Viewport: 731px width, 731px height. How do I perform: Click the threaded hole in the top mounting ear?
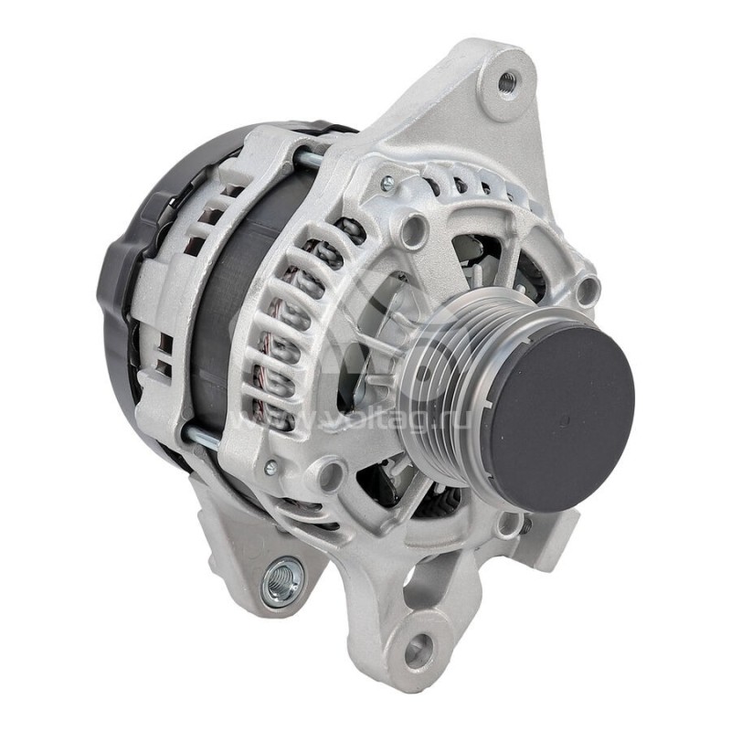click(x=506, y=82)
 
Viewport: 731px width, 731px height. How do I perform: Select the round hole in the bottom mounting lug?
click(x=418, y=650)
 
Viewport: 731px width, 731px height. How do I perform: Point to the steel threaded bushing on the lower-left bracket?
click(x=281, y=579)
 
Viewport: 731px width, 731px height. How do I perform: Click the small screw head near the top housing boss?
click(x=387, y=184)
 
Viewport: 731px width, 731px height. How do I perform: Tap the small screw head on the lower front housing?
click(x=270, y=467)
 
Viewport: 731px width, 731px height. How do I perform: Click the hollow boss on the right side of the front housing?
click(x=586, y=291)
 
